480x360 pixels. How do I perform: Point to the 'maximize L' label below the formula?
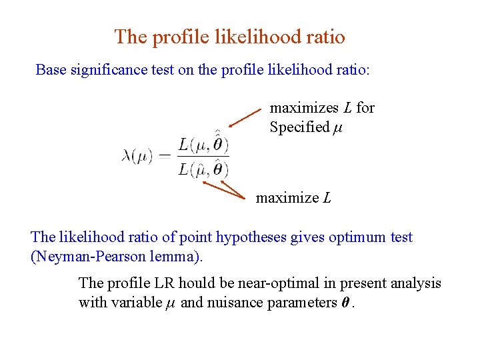[293, 198]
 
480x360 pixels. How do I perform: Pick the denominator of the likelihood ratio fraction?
[203, 170]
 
